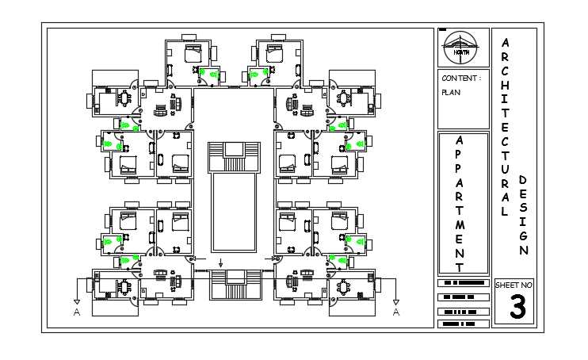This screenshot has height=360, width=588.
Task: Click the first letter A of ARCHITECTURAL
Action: coord(506,42)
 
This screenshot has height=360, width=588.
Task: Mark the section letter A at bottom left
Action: coord(76,312)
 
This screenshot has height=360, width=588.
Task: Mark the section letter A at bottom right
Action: coord(396,312)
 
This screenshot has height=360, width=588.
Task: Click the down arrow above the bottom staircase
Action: coord(221,262)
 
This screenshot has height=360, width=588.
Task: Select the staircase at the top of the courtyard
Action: coord(234,157)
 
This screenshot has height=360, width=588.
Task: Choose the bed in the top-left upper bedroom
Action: coord(193,54)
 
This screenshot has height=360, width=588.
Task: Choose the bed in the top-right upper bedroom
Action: coord(275,54)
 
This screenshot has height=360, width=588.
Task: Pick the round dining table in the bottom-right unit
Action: coord(346,286)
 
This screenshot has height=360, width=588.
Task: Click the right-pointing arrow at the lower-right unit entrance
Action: coord(274,259)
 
